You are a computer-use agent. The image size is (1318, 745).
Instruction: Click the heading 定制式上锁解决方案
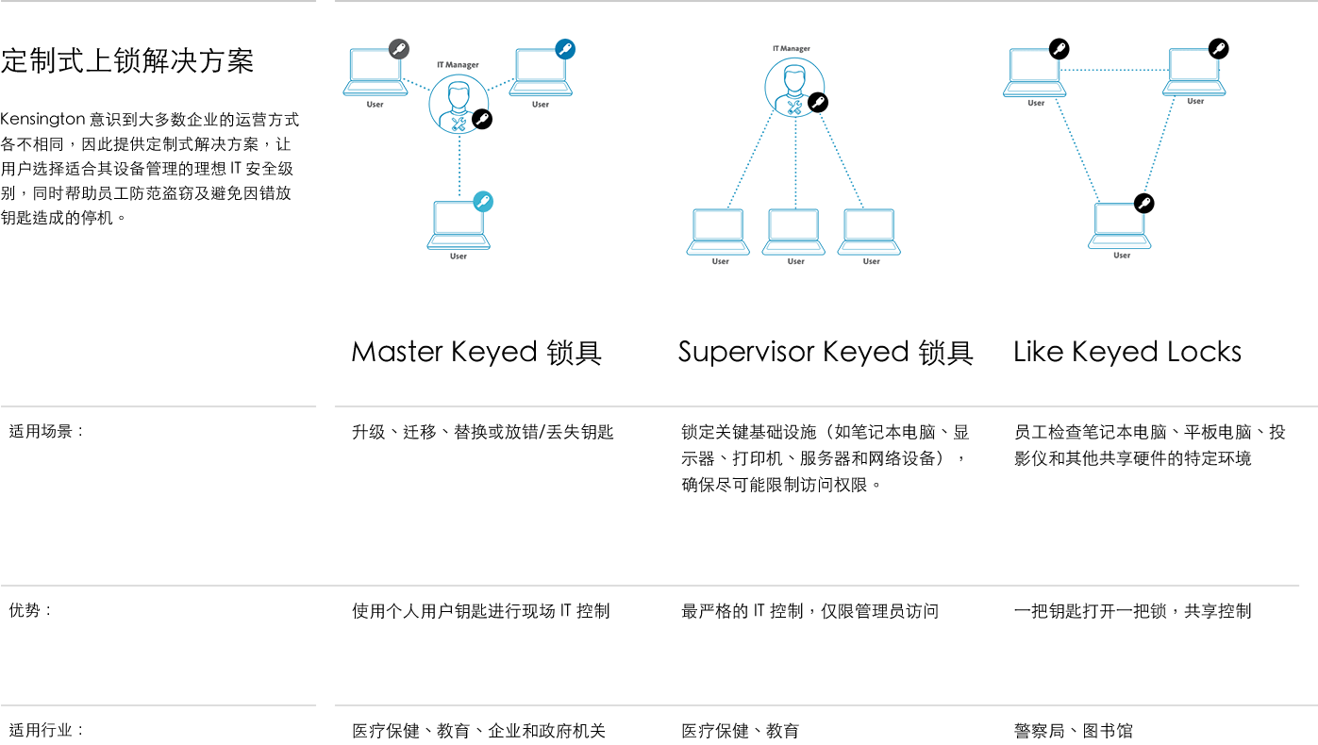point(127,61)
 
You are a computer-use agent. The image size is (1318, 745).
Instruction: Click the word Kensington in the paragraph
point(42,120)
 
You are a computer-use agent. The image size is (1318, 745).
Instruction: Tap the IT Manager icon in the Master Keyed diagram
point(459,104)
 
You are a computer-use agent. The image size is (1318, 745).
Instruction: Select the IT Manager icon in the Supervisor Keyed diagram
point(794,88)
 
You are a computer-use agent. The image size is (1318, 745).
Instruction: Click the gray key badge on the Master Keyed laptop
point(399,49)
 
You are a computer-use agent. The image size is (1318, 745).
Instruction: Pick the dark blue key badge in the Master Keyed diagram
point(565,49)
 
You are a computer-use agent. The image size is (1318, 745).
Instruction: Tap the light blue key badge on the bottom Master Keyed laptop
point(483,202)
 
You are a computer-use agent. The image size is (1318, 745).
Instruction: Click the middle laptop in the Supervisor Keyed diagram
point(793,232)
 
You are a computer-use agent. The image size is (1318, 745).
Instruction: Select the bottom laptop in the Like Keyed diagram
point(1119,225)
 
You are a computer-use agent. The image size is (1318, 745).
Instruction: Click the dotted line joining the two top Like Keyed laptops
point(1114,70)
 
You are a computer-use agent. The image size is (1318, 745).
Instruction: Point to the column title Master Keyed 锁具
point(476,352)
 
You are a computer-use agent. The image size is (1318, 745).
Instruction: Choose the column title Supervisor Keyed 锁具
point(826,352)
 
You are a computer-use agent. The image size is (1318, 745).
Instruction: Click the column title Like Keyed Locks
point(1127,352)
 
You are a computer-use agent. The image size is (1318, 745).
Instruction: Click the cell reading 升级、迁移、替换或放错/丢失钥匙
point(482,432)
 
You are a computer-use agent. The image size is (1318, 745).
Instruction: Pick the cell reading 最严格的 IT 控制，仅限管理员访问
point(809,611)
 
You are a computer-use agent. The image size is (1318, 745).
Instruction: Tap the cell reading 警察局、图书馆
point(1074,731)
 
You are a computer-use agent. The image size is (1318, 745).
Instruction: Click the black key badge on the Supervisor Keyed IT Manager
point(818,102)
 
